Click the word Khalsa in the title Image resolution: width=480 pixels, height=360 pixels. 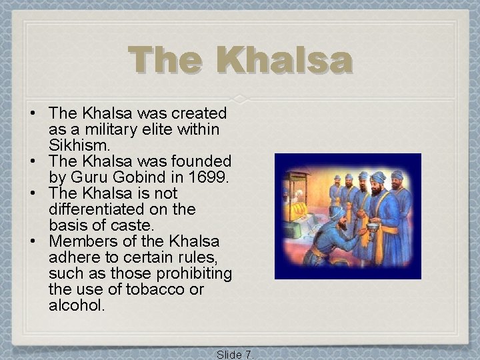coord(287,61)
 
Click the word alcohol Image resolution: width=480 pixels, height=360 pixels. coord(77,305)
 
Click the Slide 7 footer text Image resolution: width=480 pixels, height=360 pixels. coord(235,354)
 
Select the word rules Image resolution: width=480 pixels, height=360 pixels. coord(208,257)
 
